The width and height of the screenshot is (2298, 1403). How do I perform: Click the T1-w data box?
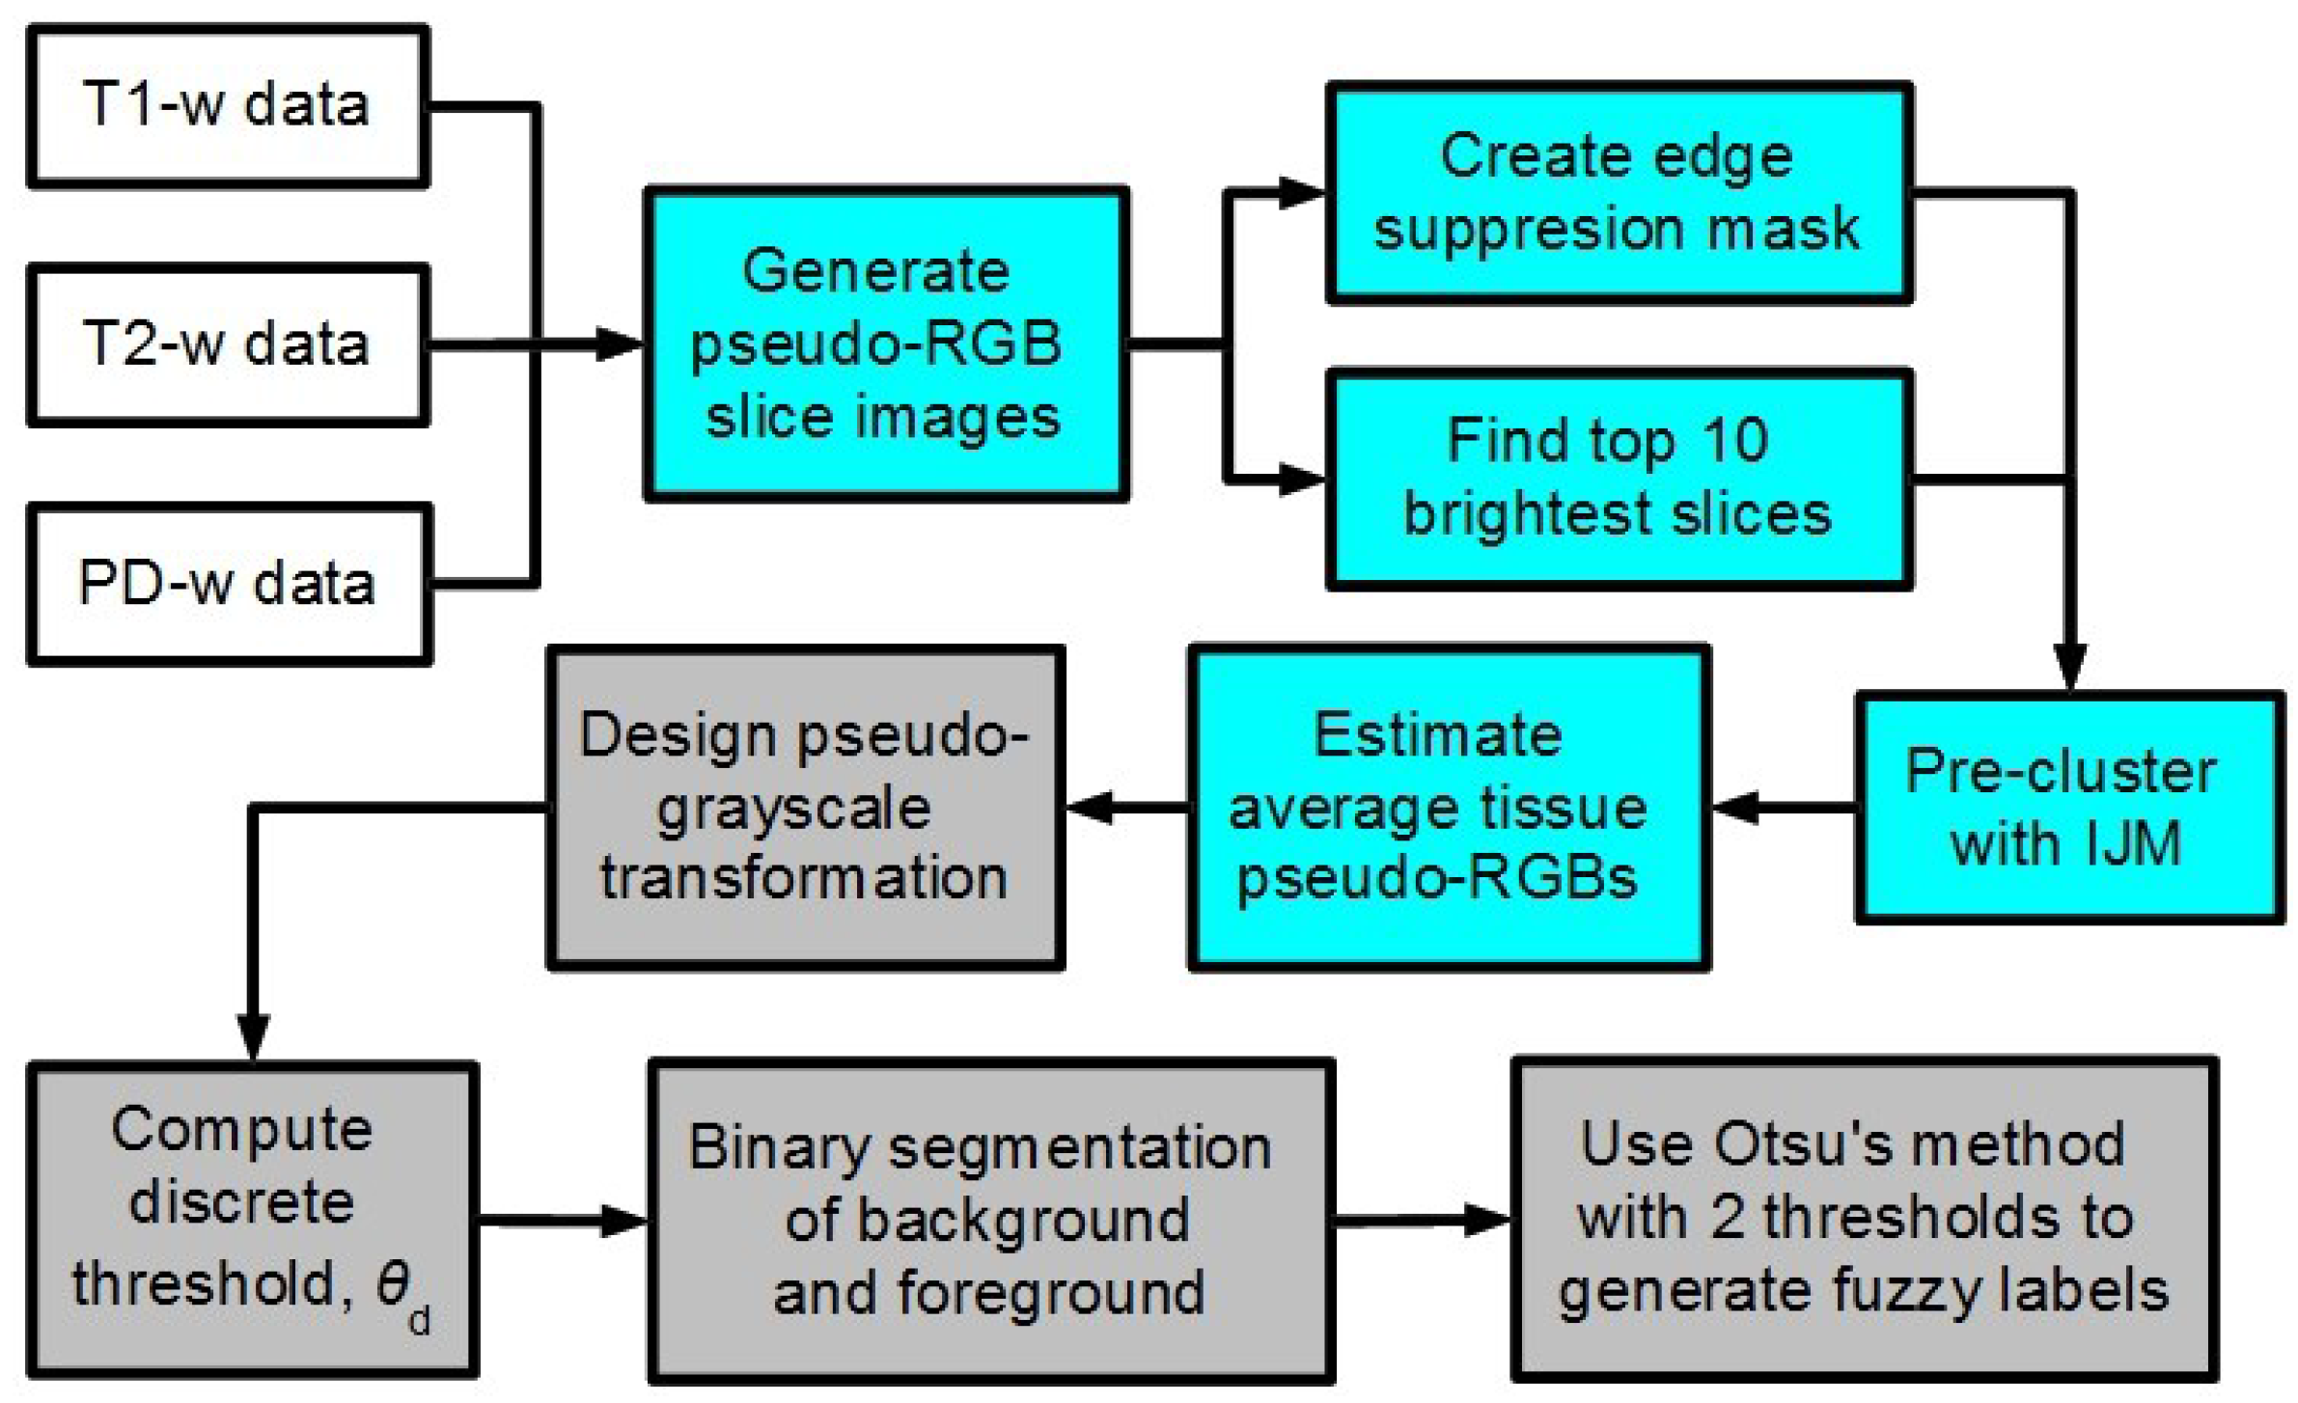click(228, 106)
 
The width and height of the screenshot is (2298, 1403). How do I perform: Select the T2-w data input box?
click(228, 344)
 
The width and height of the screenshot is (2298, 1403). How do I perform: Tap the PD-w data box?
click(228, 584)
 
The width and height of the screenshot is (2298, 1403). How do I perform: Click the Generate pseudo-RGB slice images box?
click(885, 344)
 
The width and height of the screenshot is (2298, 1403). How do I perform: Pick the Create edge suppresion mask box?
click(1618, 193)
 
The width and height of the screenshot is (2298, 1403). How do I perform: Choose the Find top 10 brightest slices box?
click(1618, 479)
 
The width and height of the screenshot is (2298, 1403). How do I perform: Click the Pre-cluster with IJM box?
click(2067, 808)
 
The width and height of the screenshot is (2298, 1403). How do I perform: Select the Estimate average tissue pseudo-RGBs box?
click(1447, 808)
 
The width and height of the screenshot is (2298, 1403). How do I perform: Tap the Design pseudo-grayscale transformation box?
click(804, 808)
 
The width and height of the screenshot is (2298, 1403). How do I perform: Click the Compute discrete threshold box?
click(251, 1219)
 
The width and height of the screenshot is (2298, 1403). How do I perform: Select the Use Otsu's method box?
click(1863, 1219)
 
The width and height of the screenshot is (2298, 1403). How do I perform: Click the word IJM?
click(2131, 844)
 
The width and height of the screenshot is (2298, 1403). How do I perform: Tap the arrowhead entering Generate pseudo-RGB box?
click(618, 344)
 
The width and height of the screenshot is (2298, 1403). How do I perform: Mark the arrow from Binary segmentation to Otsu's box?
click(1424, 1220)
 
